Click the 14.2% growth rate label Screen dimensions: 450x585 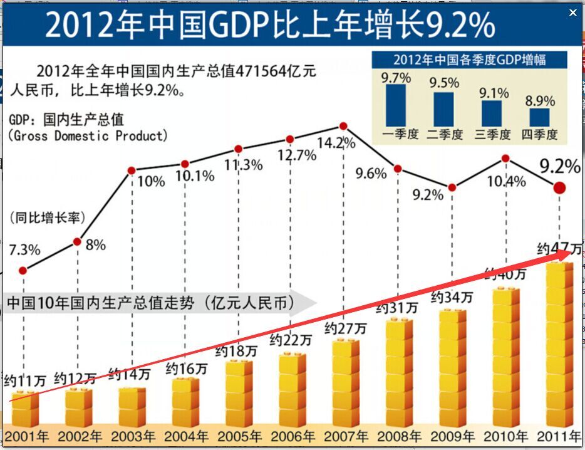336,143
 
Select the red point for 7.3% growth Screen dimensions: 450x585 23,271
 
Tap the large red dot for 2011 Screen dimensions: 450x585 559,187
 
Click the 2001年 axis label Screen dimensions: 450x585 25,436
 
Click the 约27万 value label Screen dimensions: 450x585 345,328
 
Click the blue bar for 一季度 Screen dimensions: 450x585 396,105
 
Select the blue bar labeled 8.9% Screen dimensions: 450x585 539,117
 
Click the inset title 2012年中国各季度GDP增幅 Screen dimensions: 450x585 470,60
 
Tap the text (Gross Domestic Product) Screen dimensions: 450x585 88,135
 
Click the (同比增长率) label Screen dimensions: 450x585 47,218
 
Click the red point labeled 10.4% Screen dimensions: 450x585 505,159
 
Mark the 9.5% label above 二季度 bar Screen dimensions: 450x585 444,82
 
